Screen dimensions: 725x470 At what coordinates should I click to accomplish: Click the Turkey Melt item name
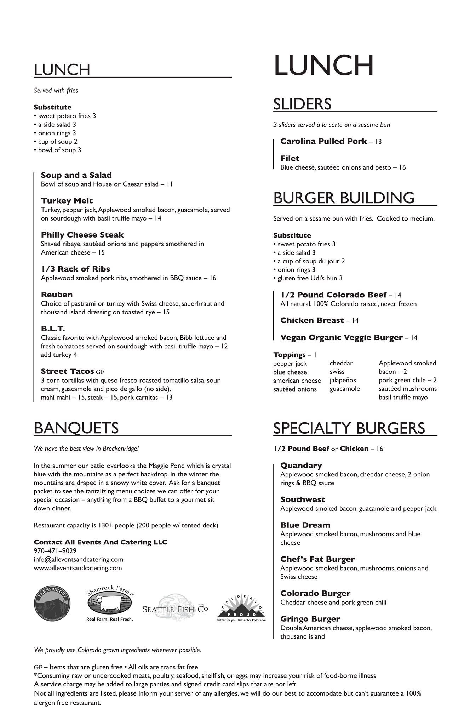67,201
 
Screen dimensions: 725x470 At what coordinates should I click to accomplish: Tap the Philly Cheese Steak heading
82,235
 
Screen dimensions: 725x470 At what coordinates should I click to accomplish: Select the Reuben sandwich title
57,295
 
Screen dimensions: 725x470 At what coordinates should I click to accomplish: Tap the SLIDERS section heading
302,104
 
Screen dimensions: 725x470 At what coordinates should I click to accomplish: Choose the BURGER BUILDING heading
343,198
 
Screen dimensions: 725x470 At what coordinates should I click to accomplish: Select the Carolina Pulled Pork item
323,141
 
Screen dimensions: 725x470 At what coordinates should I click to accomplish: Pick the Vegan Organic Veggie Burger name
341,338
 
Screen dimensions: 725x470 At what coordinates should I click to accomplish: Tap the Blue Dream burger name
305,525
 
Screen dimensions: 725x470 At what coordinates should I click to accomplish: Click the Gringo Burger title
310,619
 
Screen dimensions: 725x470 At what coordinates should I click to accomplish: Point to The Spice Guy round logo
52,603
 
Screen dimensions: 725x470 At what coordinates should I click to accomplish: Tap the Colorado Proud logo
241,606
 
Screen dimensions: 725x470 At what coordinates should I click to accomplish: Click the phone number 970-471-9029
55,551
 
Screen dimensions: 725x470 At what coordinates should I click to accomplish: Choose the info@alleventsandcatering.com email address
79,559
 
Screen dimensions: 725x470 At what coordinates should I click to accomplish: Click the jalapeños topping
343,380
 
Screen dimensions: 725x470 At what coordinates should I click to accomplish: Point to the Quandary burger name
301,466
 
